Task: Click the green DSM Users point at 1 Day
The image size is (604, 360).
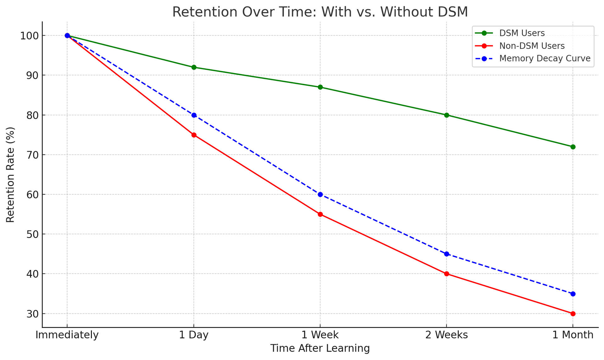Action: click(x=194, y=67)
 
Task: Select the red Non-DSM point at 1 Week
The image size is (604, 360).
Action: click(x=320, y=214)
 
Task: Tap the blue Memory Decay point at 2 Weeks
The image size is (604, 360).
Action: click(x=446, y=254)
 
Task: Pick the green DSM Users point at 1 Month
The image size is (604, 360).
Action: click(x=573, y=147)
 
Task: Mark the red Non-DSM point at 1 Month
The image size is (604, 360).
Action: click(x=573, y=314)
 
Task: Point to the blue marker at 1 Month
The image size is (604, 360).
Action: click(x=573, y=294)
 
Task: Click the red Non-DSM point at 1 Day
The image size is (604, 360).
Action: click(x=194, y=135)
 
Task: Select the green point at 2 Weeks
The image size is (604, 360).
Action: click(x=446, y=115)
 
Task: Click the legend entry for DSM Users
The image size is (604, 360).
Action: click(x=522, y=33)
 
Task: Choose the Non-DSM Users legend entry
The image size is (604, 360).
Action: click(x=532, y=46)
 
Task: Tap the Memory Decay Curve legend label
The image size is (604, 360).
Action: click(x=545, y=59)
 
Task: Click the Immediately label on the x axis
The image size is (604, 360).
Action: click(x=67, y=335)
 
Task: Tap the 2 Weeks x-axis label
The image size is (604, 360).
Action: click(x=446, y=335)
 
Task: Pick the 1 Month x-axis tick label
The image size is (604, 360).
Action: click(x=573, y=335)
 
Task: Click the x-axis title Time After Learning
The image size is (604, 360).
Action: click(x=320, y=349)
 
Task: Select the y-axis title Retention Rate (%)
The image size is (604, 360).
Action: click(x=10, y=174)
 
